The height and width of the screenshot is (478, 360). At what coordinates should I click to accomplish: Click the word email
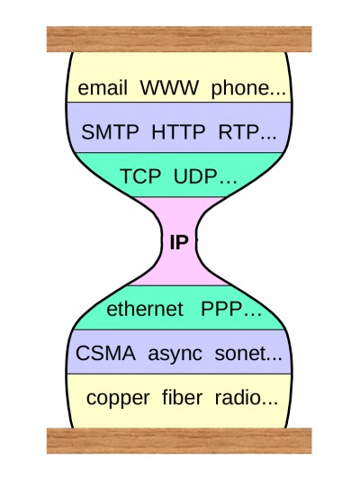(103, 88)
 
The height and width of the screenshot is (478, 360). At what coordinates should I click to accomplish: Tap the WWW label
(169, 88)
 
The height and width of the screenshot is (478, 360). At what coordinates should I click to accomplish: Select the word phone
(241, 89)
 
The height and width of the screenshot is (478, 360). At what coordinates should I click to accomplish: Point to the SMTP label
(110, 132)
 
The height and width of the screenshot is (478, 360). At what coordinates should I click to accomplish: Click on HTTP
(178, 132)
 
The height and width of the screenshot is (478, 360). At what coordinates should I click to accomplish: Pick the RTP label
(238, 132)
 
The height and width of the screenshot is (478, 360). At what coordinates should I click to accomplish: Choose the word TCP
(140, 176)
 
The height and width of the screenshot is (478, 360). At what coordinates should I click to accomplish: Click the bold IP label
(179, 243)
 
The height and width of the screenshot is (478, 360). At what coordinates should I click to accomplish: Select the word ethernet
(145, 309)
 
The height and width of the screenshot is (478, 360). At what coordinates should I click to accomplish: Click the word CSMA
(105, 353)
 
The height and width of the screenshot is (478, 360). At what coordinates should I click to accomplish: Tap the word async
(175, 355)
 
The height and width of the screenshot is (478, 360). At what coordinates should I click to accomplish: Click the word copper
(118, 399)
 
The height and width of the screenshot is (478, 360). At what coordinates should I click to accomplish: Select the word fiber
(183, 398)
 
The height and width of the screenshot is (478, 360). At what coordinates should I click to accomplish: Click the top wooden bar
(179, 40)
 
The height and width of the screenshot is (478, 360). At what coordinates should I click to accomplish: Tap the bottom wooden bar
(179, 441)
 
